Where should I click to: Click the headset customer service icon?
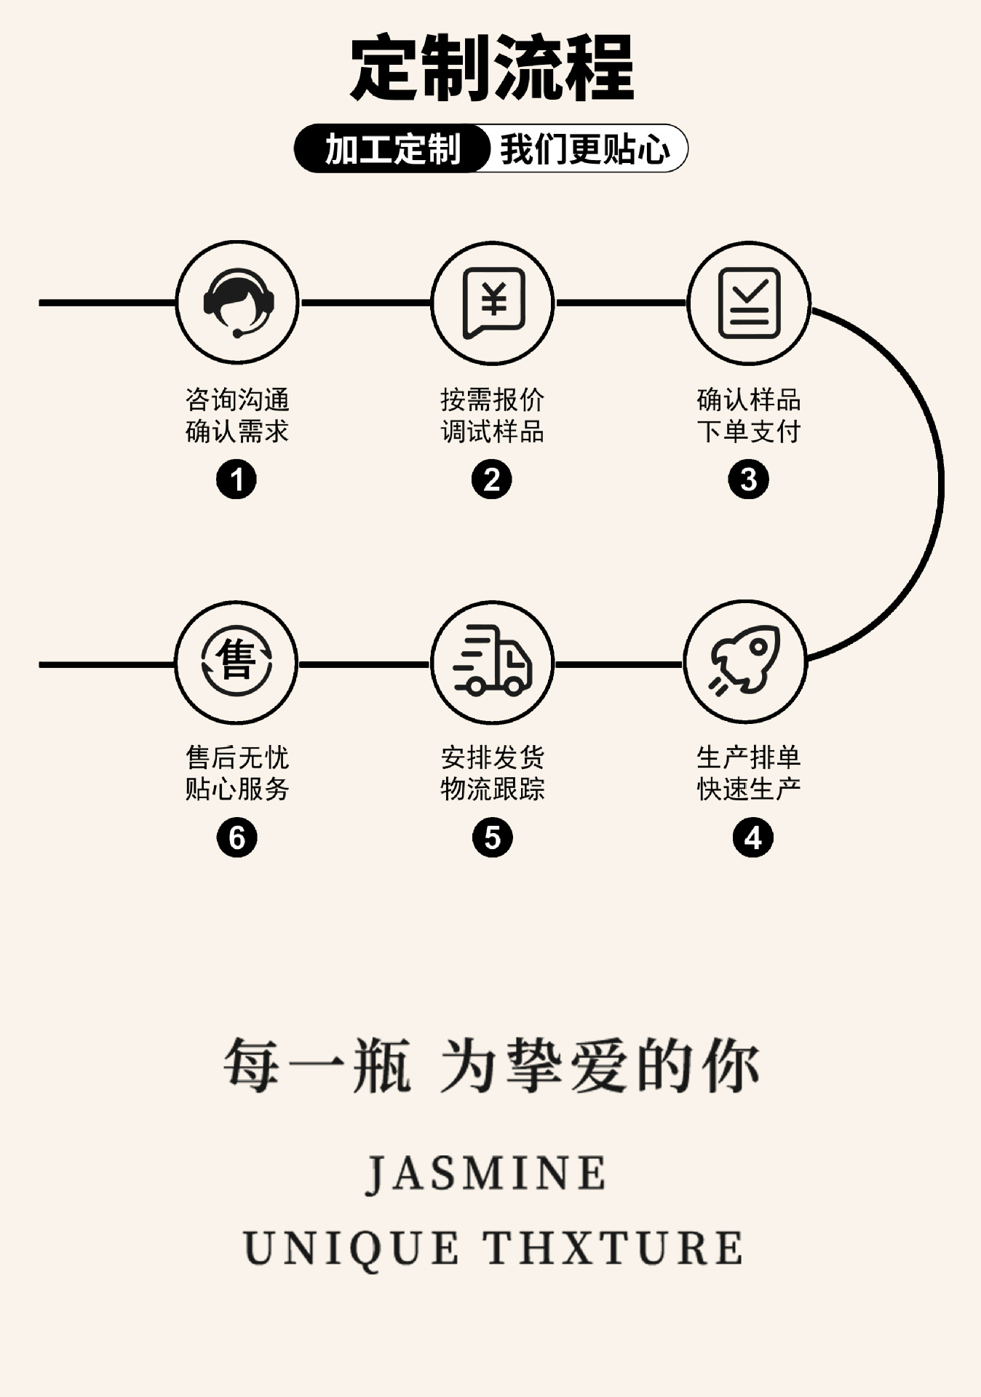point(237,303)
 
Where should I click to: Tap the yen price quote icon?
point(493,303)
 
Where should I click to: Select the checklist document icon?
point(749,303)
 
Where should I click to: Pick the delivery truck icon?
point(493,661)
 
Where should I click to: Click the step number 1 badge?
point(237,479)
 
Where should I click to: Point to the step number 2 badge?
point(492,479)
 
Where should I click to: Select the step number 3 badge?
point(748,479)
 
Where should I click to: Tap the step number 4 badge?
point(752,837)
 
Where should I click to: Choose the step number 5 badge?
point(493,837)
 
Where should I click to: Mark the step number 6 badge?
point(237,837)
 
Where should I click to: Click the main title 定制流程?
point(492,69)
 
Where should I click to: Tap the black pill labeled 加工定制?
point(392,149)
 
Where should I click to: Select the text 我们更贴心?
point(584,149)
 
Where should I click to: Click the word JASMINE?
point(485,1174)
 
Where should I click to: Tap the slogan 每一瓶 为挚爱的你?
point(491,1065)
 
